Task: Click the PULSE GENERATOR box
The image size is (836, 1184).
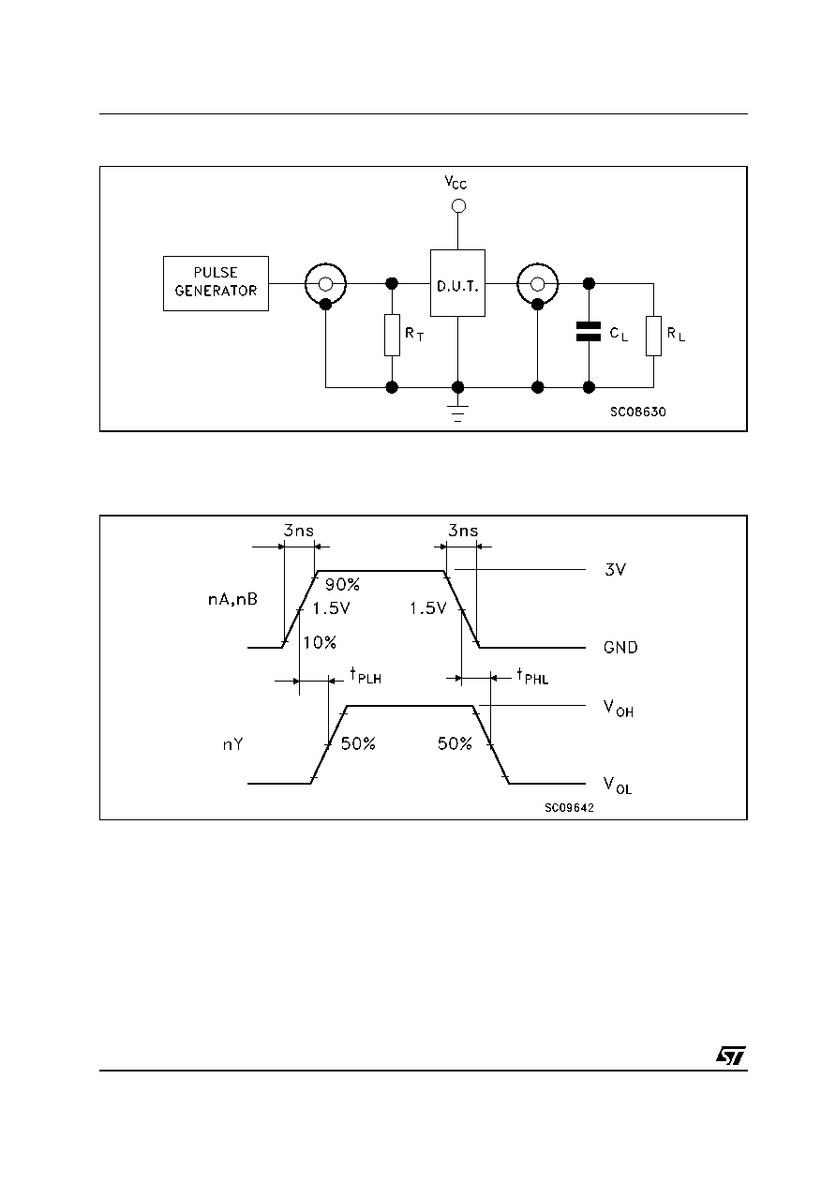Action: point(216,283)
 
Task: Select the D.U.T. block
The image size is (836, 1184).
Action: point(457,283)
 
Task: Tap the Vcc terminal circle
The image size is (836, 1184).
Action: point(458,205)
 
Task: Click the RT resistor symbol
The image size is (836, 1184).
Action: point(392,335)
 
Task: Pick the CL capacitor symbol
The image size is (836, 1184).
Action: point(589,332)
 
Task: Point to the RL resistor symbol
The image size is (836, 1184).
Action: point(653,336)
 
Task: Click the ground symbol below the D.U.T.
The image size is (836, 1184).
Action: point(457,412)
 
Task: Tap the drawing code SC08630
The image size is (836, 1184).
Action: point(638,412)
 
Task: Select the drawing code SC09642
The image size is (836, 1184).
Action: point(569,808)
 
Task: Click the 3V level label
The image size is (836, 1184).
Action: point(615,569)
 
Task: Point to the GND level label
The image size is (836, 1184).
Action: point(620,648)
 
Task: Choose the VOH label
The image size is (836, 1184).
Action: point(619,709)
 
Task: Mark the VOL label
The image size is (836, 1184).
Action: point(618,786)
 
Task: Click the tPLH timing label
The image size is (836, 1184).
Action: point(366,676)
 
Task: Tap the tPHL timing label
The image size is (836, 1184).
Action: point(532,676)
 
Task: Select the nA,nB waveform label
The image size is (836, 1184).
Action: point(232,600)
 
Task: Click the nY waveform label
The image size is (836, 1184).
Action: point(232,744)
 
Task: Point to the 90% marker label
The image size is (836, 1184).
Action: point(342,584)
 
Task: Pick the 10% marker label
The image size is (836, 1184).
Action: point(320,642)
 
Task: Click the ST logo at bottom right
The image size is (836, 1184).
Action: point(731,1055)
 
